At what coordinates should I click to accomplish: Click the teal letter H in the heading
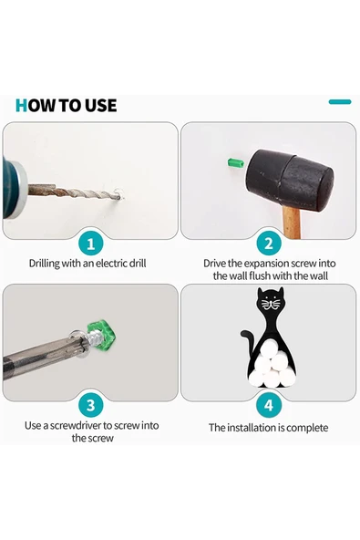tap(21, 106)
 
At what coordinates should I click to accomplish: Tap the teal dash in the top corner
tap(340, 101)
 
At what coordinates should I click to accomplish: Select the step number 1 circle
tap(91, 244)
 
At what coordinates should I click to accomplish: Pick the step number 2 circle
tap(269, 244)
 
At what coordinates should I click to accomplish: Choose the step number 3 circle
tap(91, 405)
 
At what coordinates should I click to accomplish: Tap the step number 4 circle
tap(269, 405)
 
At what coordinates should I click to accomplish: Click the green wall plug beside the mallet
tap(236, 162)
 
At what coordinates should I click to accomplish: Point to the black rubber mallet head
tap(289, 180)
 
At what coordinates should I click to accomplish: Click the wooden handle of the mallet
tap(292, 223)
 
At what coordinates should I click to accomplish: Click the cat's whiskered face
tap(271, 303)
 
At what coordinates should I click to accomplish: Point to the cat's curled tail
tap(248, 341)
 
